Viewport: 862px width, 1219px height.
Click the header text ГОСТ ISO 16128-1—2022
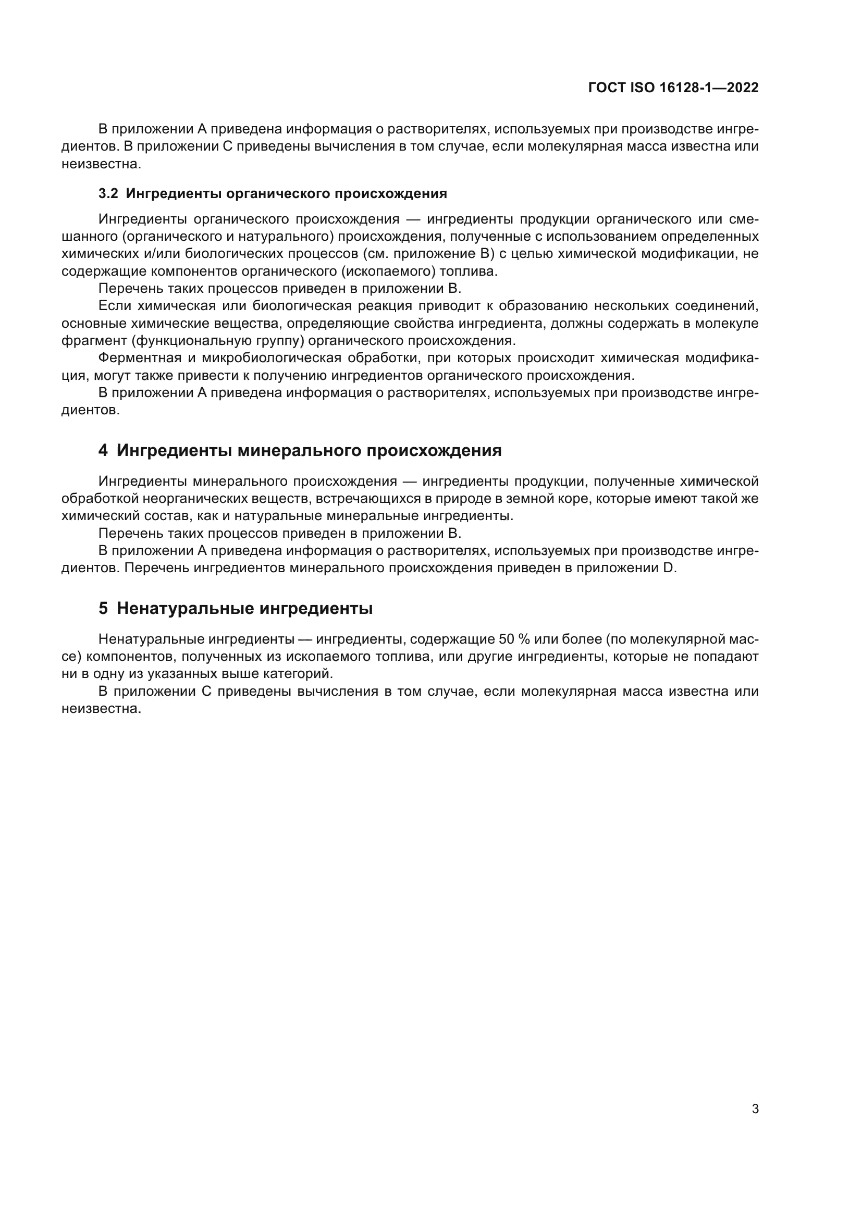pyautogui.click(x=673, y=88)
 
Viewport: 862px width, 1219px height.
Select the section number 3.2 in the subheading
pyautogui.click(x=108, y=194)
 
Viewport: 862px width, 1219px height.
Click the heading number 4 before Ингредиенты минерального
pyautogui.click(x=103, y=451)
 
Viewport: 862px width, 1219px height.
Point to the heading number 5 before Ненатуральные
pyautogui.click(x=103, y=608)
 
